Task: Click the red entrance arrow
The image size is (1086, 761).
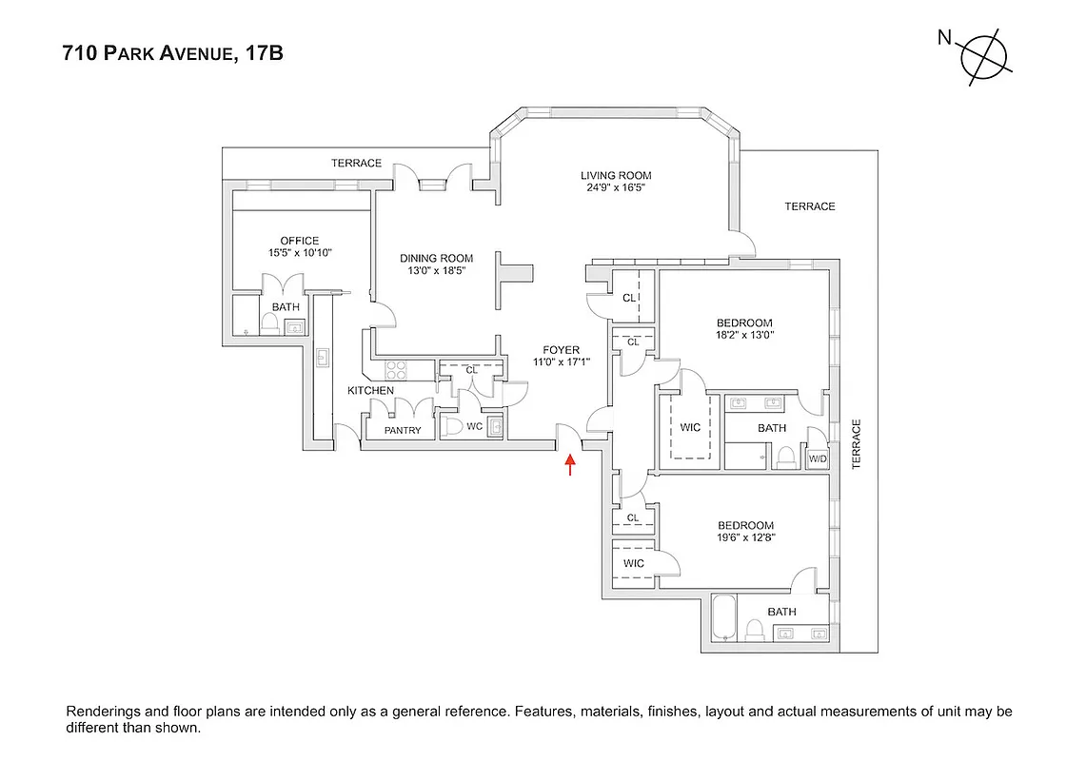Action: click(570, 463)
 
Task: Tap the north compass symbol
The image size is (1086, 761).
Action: click(984, 59)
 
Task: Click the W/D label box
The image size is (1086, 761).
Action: click(818, 459)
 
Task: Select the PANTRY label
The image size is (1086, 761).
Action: click(403, 431)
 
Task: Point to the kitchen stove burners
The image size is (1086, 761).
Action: click(396, 368)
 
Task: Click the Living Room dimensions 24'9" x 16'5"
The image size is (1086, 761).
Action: click(616, 188)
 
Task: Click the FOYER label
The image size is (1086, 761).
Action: click(561, 349)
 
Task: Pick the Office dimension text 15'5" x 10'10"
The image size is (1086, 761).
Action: click(299, 254)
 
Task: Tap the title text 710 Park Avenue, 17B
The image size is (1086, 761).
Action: click(172, 54)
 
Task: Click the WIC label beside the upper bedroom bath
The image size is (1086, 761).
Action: click(690, 428)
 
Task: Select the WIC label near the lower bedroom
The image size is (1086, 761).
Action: click(634, 563)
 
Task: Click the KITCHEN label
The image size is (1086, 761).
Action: click(370, 391)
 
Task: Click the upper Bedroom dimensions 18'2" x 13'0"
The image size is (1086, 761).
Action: click(745, 335)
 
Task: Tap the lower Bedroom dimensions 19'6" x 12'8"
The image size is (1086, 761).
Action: click(746, 537)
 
